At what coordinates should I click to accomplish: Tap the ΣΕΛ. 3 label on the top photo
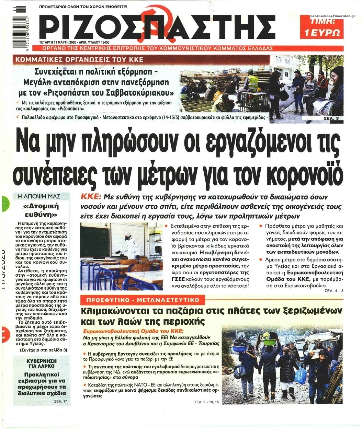pyautogui.click(x=332, y=118)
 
